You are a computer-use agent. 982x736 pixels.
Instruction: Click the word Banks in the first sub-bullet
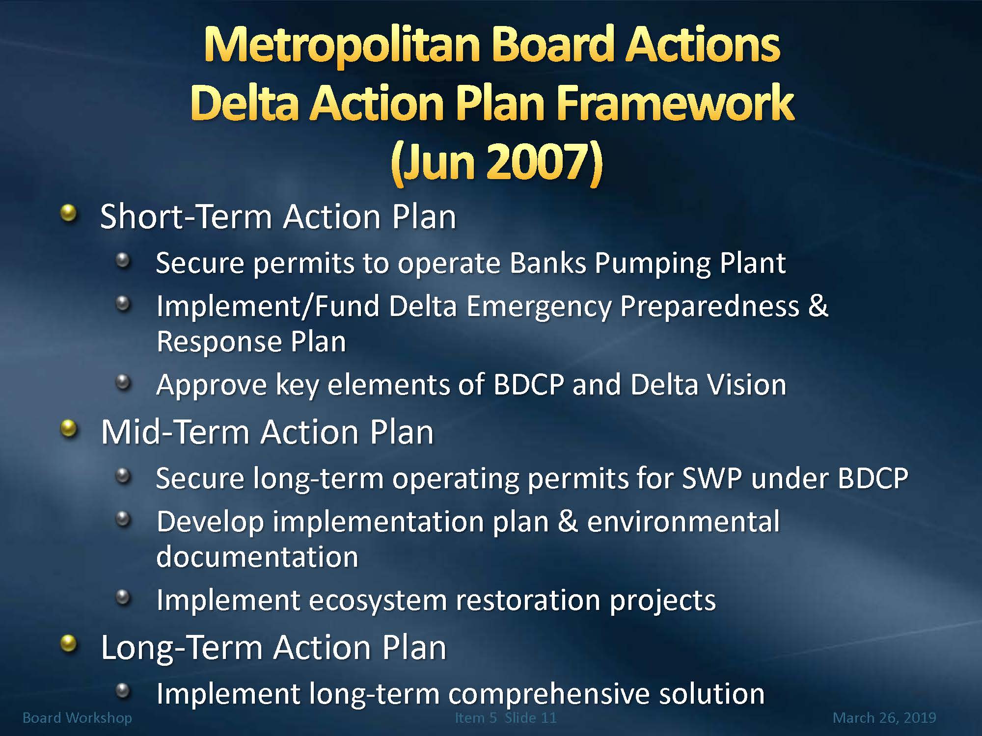click(548, 263)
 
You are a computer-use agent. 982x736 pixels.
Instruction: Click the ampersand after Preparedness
click(818, 306)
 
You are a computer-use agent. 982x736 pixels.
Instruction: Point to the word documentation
click(257, 557)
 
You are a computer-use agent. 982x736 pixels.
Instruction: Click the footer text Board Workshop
click(77, 718)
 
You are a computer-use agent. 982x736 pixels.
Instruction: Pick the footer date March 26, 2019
click(884, 718)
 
